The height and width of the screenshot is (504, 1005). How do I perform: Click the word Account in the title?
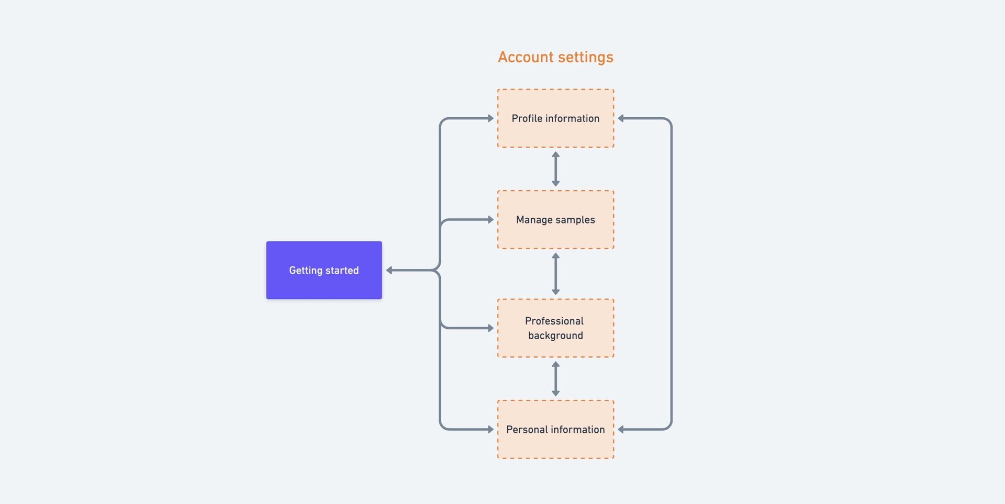click(x=526, y=57)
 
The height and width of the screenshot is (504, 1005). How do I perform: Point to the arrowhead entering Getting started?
click(x=389, y=270)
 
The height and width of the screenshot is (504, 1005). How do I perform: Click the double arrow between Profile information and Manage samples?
click(x=556, y=169)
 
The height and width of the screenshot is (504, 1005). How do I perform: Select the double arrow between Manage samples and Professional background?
click(x=556, y=274)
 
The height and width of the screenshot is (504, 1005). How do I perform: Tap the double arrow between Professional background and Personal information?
click(x=556, y=379)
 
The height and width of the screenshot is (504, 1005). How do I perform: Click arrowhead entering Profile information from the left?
click(x=490, y=118)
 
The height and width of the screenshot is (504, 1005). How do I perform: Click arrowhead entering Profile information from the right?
click(x=621, y=118)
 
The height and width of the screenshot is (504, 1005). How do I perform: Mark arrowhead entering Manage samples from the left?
click(x=490, y=220)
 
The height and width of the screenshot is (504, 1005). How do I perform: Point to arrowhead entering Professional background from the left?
click(x=490, y=328)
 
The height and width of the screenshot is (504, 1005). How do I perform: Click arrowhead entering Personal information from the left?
click(x=490, y=429)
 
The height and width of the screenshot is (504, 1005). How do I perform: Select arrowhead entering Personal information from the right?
click(x=621, y=429)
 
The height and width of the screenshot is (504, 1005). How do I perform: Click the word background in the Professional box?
click(x=555, y=335)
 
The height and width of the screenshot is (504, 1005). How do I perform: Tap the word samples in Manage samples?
click(x=575, y=220)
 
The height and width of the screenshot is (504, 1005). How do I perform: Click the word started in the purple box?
click(x=342, y=271)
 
